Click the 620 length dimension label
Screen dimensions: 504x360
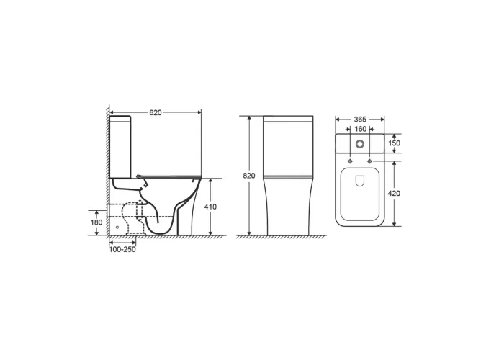point(156,113)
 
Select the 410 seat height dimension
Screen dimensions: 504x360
point(210,207)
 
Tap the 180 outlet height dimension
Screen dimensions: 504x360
point(96,222)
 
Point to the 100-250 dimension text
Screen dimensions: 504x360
point(122,249)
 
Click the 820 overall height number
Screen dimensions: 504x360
point(249,176)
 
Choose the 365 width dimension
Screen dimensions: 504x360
point(360,120)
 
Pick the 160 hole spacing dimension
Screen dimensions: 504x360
point(360,129)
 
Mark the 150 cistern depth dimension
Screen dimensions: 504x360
point(395,143)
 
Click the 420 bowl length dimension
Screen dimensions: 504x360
point(395,194)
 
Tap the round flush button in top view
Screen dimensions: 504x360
point(360,144)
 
